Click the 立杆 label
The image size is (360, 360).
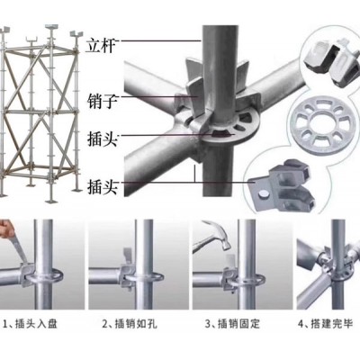101,46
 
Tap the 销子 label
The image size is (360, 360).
102,102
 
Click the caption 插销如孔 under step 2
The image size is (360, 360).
136,324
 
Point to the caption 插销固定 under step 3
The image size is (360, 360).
238,324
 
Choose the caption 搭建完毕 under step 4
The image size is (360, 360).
331,324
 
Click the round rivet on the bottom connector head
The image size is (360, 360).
265,194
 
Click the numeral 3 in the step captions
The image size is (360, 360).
208,324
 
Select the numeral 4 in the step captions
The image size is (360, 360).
301,324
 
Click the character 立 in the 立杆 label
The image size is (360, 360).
94,46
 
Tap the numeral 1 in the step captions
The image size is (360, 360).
5,324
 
